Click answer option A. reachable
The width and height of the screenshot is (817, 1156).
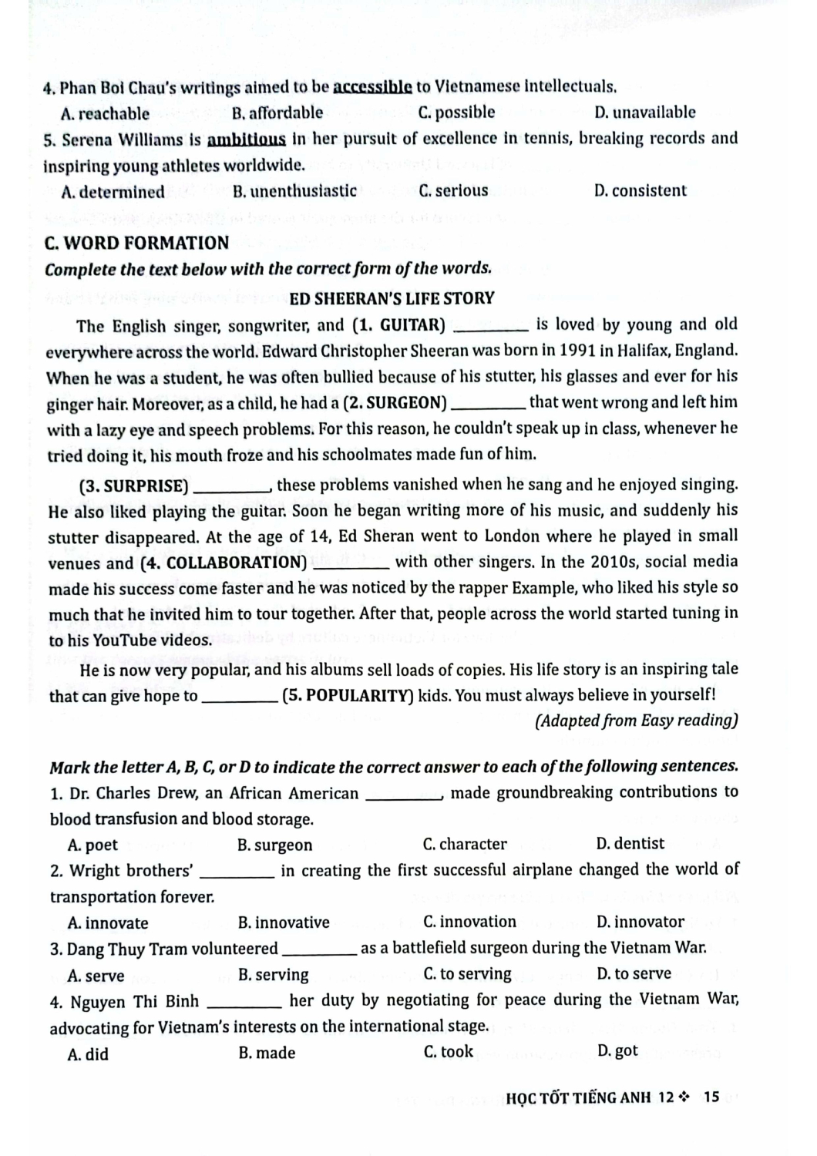(x=105, y=114)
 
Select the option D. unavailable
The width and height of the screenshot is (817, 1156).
(x=644, y=113)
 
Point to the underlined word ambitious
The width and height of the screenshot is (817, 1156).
(x=247, y=139)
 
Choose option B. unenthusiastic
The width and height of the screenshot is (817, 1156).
(x=294, y=191)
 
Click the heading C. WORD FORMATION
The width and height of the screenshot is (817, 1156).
(x=136, y=244)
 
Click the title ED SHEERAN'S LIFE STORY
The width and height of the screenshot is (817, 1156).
(x=392, y=298)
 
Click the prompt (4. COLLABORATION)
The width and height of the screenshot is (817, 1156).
(x=224, y=563)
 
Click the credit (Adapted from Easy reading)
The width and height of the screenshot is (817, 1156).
(x=635, y=721)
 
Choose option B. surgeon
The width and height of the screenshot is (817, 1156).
(x=275, y=845)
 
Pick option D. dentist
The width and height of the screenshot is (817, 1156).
(x=630, y=844)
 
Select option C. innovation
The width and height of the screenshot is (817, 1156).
(x=469, y=922)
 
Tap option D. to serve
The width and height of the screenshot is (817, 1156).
(x=634, y=974)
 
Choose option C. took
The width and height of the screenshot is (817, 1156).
(x=449, y=1052)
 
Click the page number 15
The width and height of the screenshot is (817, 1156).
(x=711, y=1097)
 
